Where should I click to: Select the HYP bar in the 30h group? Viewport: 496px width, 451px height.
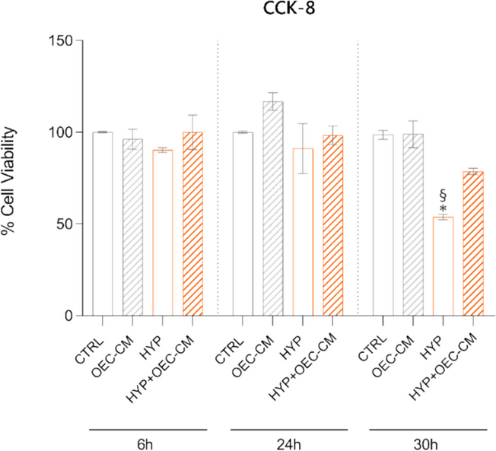click(x=443, y=266)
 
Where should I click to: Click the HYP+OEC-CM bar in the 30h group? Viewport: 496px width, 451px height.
click(x=473, y=243)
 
